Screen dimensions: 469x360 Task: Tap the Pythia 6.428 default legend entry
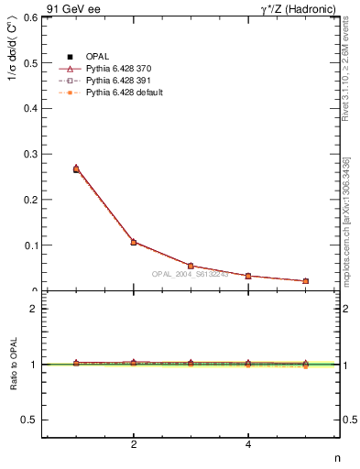coord(124,93)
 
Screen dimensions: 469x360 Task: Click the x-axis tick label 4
coord(248,445)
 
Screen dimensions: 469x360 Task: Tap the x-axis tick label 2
coord(134,445)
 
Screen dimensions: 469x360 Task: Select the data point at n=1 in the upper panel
coord(76,169)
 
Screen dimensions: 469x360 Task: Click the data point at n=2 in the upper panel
coord(134,242)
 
